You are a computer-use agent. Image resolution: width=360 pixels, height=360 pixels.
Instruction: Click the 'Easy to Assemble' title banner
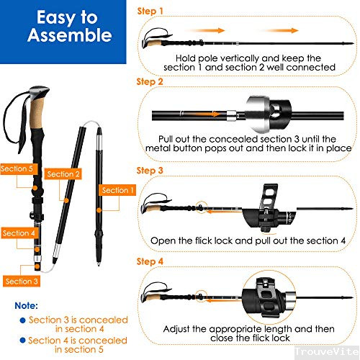coord(65,27)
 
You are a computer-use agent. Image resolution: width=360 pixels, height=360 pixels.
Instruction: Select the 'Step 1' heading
coord(150,12)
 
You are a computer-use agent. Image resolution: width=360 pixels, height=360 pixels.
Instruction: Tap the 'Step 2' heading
coord(150,82)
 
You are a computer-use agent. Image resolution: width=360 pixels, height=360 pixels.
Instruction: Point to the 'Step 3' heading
coord(150,170)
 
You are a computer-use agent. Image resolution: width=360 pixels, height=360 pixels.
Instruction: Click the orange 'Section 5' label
coord(17,168)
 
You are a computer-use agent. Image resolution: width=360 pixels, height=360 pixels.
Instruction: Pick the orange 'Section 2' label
coord(63,174)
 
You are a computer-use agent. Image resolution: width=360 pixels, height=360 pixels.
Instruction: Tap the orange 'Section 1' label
coord(118,190)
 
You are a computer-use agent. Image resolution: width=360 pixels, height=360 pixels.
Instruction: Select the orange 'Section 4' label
coord(19,233)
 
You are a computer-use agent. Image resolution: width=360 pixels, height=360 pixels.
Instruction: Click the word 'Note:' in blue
coord(27,305)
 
